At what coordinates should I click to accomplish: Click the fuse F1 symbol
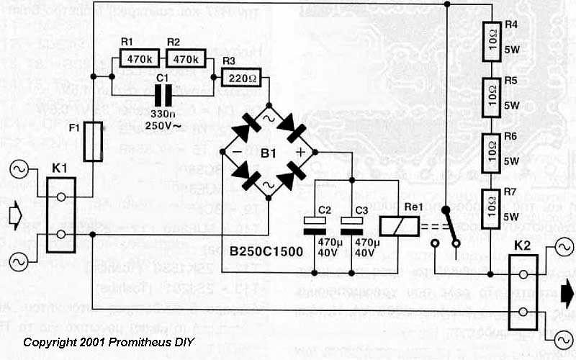click(x=93, y=142)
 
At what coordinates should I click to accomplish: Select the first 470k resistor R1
click(x=135, y=58)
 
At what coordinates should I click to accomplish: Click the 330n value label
click(x=164, y=113)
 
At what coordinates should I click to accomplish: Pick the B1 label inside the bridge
click(x=268, y=153)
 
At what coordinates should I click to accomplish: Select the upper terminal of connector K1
click(x=62, y=197)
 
